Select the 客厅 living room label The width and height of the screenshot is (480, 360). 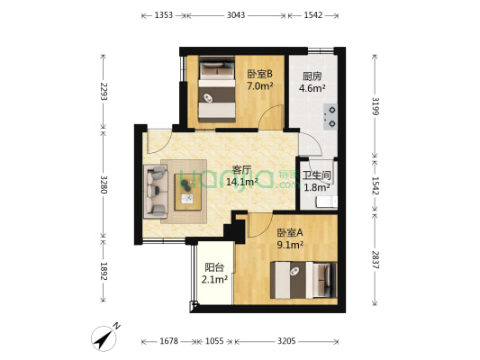tap(241, 169)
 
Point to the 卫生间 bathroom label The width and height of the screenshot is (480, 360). tap(314, 175)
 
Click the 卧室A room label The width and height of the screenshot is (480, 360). tap(290, 231)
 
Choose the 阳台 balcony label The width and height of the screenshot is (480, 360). tap(214, 267)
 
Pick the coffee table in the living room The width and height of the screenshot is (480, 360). tap(188, 187)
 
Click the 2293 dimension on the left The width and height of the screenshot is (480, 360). tap(104, 92)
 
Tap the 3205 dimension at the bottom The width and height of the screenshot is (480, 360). tap(286, 341)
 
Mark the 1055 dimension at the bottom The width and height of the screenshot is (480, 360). tap(214, 341)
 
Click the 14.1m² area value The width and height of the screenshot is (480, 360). tap(241, 181)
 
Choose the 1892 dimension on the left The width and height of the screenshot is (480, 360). tap(104, 271)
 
